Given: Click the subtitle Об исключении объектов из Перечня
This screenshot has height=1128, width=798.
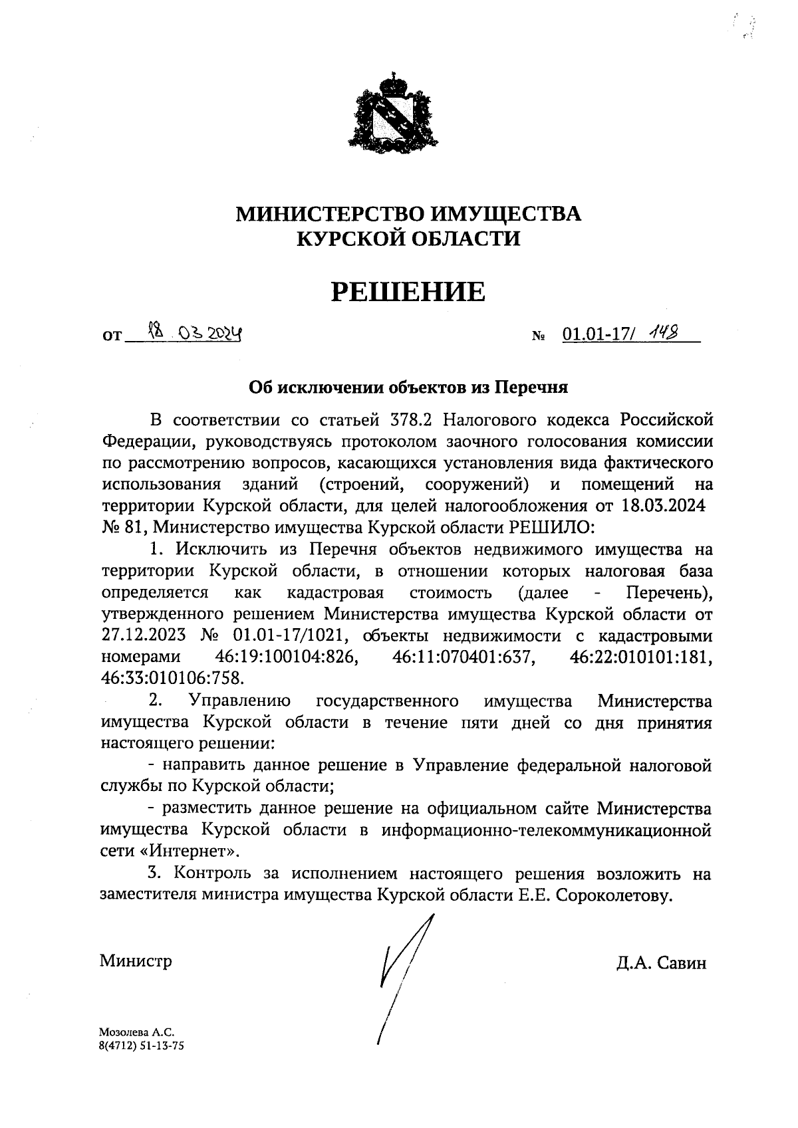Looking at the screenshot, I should (x=408, y=386).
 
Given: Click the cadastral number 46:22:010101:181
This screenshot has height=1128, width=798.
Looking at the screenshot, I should (x=641, y=657).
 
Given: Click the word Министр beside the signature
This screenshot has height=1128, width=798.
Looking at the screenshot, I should (x=136, y=960).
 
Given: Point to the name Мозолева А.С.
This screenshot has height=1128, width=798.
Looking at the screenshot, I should (x=136, y=1033).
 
